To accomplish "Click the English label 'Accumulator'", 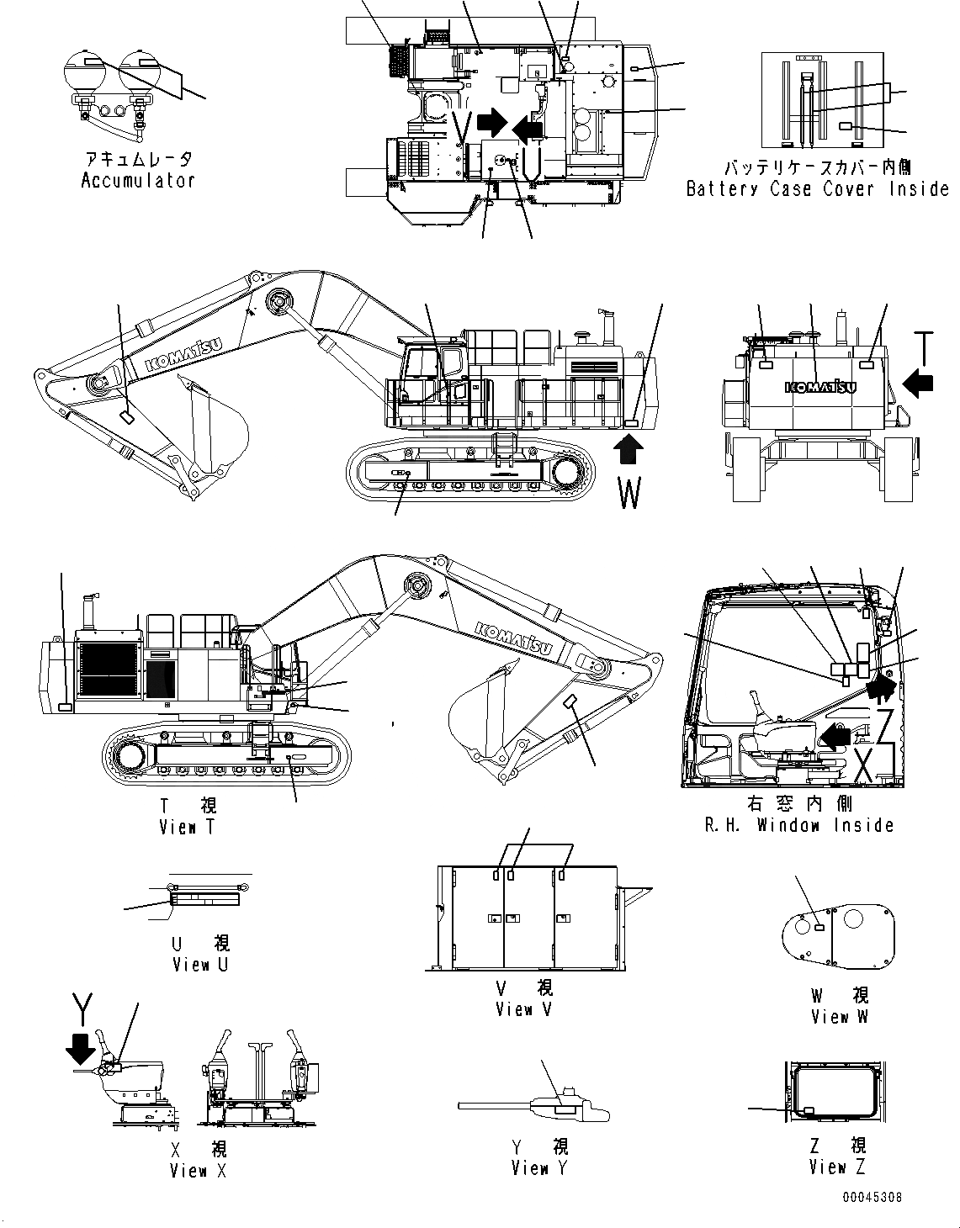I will [138, 180].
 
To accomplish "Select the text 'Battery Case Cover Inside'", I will [817, 189].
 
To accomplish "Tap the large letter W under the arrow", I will [629, 493].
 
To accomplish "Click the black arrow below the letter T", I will [918, 383].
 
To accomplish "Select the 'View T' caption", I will [188, 827].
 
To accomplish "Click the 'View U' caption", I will [199, 965].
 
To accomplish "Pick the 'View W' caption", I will [839, 1016].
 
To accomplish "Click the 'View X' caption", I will [198, 1170].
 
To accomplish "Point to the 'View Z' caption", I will [837, 1167].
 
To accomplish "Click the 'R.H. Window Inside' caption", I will [798, 825].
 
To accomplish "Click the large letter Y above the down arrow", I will [82, 1007].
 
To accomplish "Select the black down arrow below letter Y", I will [81, 1048].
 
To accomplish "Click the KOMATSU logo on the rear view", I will [820, 387].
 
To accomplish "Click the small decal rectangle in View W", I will [819, 927].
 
